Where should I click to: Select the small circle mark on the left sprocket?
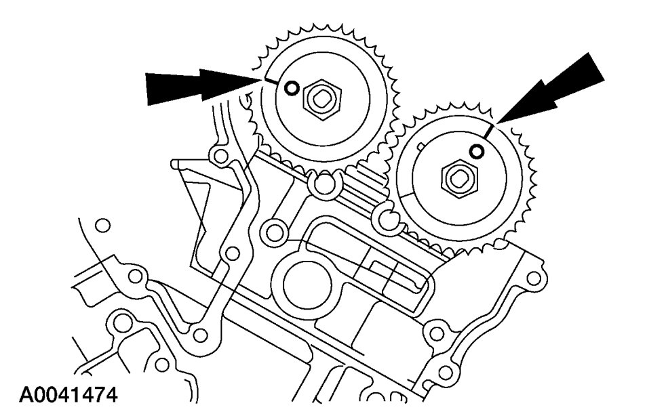pyautogui.click(x=291, y=87)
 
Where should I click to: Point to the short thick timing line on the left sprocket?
pyautogui.click(x=270, y=81)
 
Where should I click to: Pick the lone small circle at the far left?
pyautogui.click(x=102, y=225)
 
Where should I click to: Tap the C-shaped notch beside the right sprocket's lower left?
pyautogui.click(x=389, y=217)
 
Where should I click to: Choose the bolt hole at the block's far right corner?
pyautogui.click(x=534, y=278)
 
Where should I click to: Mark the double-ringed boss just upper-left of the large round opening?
pyautogui.click(x=275, y=232)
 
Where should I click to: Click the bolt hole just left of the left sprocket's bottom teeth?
pyautogui.click(x=220, y=157)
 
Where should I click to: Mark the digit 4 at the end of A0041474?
pyautogui.click(x=110, y=394)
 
